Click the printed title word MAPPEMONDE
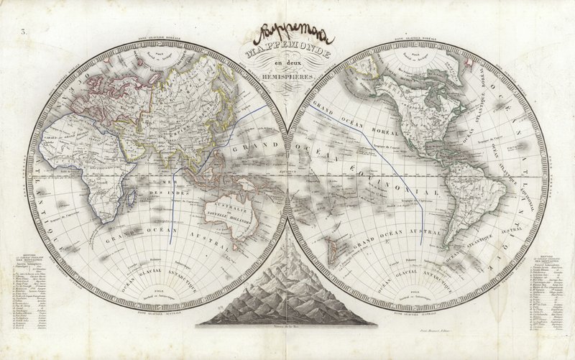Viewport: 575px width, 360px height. [x=287, y=53]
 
